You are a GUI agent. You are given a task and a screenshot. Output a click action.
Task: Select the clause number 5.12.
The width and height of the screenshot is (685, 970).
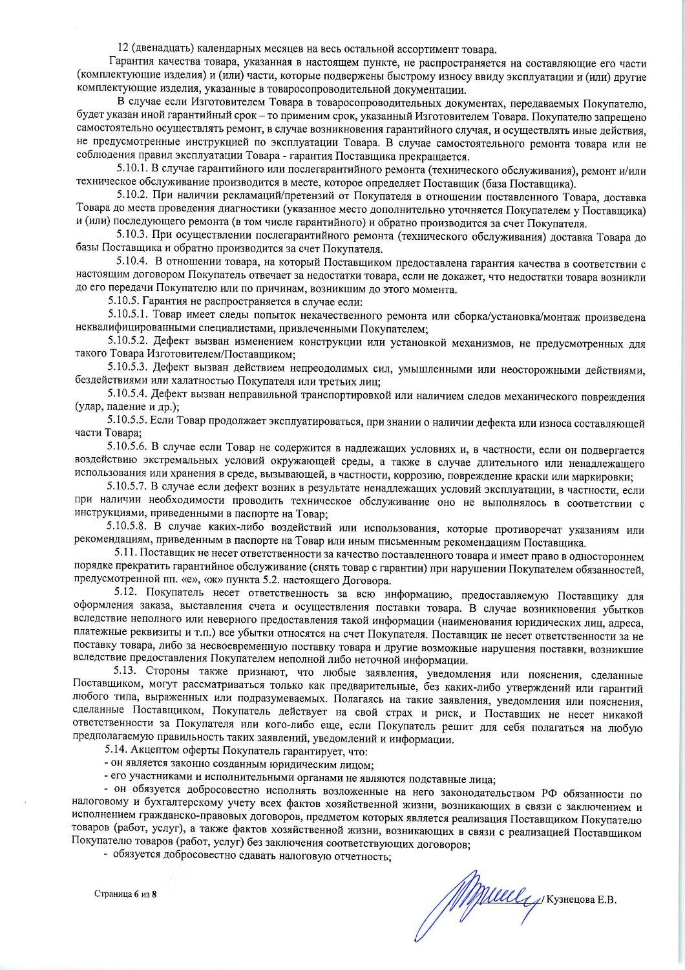[125, 592]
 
